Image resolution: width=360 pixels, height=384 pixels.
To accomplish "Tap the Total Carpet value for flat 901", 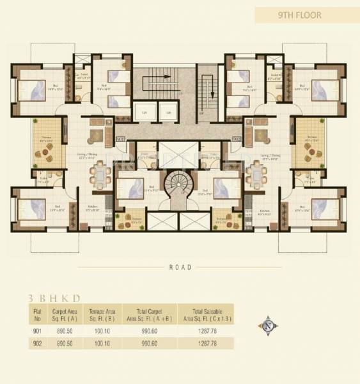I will coord(152,331).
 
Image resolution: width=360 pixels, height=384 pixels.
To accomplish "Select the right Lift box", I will coord(169,113).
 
